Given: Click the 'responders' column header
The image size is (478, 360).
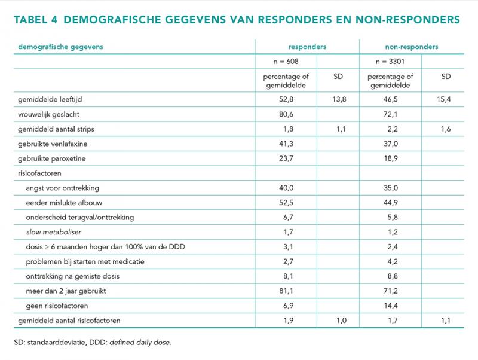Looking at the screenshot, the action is (x=307, y=47).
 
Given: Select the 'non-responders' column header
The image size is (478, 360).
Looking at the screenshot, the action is (x=412, y=47).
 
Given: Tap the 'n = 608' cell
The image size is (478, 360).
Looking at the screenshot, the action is (x=286, y=62).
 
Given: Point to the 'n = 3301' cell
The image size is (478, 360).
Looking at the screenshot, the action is (x=390, y=62).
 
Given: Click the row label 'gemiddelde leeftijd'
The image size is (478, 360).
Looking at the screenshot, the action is (x=50, y=99).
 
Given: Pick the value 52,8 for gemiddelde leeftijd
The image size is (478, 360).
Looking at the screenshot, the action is (x=286, y=99).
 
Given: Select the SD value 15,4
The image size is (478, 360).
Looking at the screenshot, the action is (x=443, y=99).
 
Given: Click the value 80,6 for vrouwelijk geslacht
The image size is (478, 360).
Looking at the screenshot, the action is (x=286, y=114).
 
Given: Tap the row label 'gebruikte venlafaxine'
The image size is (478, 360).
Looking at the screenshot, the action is (x=53, y=144).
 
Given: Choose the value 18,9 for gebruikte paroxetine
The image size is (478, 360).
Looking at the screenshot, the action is (x=391, y=158).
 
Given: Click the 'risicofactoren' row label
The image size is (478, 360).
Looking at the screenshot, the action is (x=39, y=173).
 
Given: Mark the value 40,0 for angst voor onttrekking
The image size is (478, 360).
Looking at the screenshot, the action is (x=286, y=188).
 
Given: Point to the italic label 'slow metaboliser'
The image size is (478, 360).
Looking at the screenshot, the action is (x=54, y=232).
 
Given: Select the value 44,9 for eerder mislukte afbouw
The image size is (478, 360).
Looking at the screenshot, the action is (x=391, y=203).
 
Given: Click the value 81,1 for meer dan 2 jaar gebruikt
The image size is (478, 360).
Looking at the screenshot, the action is (x=286, y=291).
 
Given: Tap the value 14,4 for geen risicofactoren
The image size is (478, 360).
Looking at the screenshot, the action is (x=391, y=306).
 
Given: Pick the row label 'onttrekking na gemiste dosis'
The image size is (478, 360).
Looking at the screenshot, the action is (x=72, y=276).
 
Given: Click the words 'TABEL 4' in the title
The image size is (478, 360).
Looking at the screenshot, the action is (x=36, y=20).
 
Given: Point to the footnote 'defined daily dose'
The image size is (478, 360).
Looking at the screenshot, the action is (x=140, y=342).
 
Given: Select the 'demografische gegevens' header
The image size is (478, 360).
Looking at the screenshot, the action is (x=61, y=47).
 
